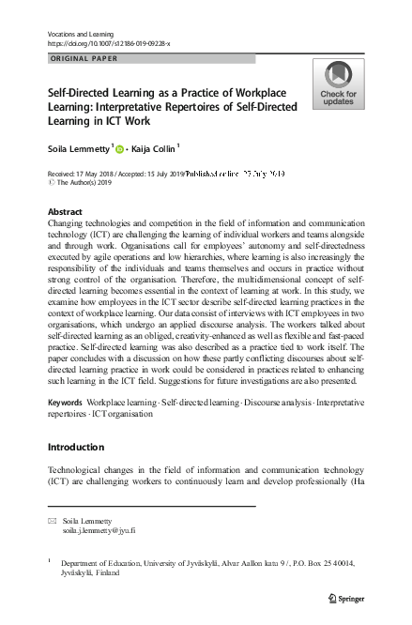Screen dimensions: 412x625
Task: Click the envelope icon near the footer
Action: pyautogui.click(x=53, y=519)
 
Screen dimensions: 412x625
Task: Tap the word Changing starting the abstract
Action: pyautogui.click(x=66, y=225)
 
